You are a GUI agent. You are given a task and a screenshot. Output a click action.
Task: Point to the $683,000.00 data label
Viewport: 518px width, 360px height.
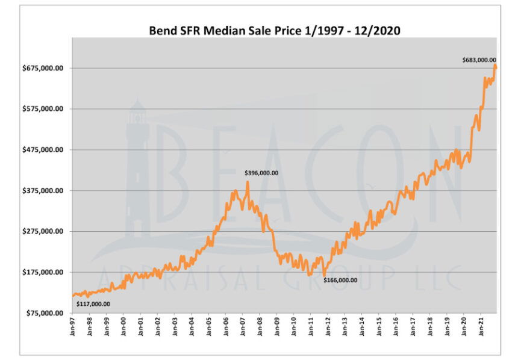point(479,60)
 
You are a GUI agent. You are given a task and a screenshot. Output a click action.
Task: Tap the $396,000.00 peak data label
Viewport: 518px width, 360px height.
point(261,173)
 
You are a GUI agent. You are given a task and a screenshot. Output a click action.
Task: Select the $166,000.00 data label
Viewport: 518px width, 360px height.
point(340,280)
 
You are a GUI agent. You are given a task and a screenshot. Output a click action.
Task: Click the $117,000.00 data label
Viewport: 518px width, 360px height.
point(93,304)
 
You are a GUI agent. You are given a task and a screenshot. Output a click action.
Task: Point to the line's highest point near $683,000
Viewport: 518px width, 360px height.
point(495,66)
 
